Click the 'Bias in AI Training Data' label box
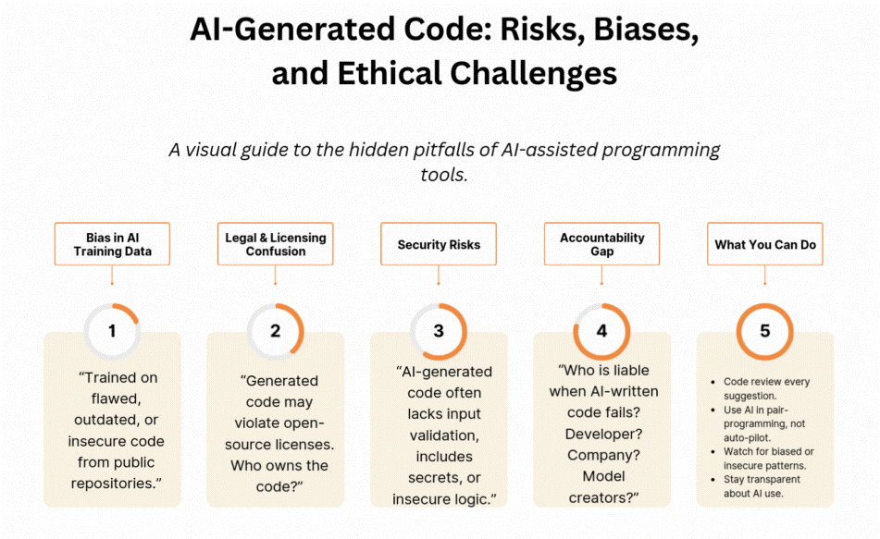tap(112, 245)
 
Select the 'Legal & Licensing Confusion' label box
tap(276, 245)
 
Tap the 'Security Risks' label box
tap(439, 245)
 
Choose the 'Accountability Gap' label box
tap(601, 245)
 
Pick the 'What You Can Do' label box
tap(764, 245)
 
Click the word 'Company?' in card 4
tap(601, 455)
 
